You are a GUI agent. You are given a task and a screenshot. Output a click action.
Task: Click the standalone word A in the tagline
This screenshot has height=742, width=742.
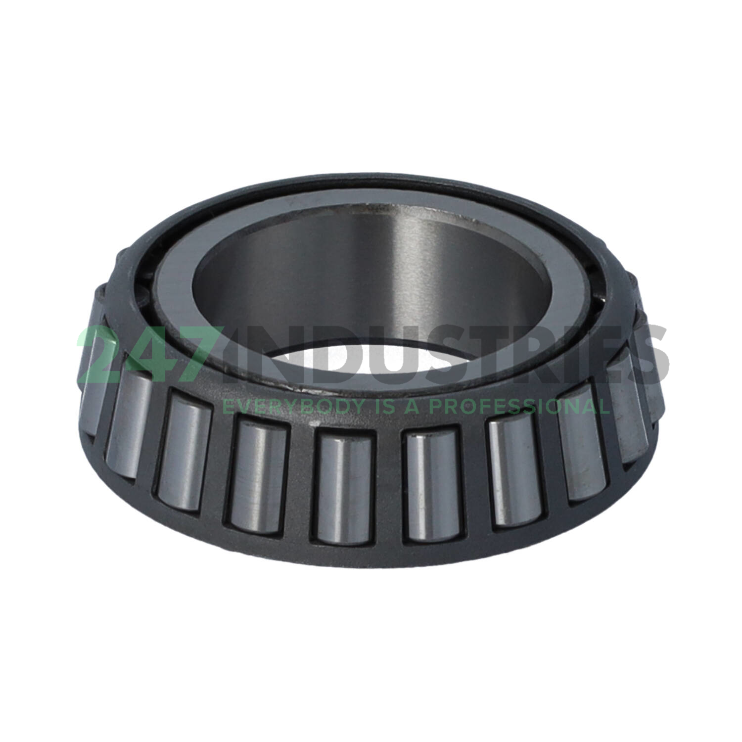click(413, 406)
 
